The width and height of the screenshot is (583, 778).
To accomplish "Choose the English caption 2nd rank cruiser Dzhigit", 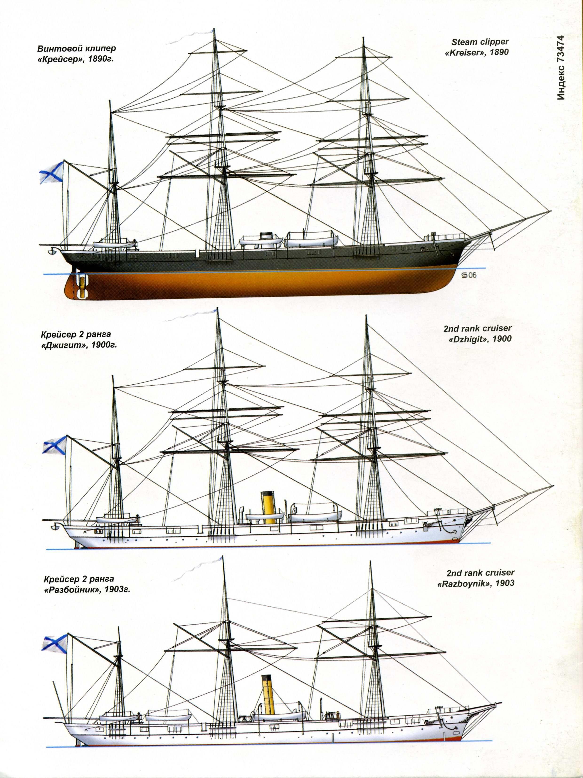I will pyautogui.click(x=477, y=333).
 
